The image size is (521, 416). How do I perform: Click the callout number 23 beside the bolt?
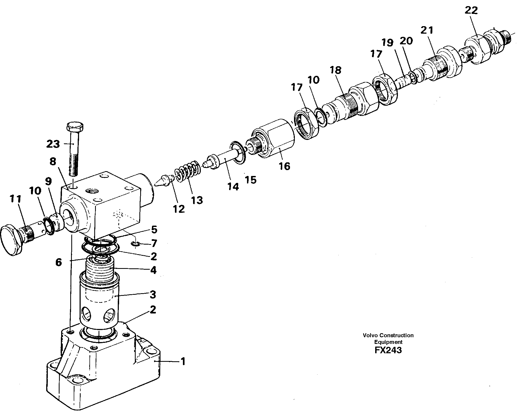pyautogui.click(x=53, y=144)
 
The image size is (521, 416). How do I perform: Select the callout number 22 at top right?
pyautogui.click(x=471, y=11)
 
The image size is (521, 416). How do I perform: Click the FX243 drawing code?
pyautogui.click(x=388, y=350)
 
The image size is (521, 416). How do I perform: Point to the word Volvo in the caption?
pyautogui.click(x=370, y=335)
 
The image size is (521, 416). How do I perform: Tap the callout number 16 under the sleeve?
pyautogui.click(x=284, y=166)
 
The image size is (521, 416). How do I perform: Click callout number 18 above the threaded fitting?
pyautogui.click(x=335, y=70)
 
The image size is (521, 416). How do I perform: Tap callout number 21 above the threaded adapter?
pyautogui.click(x=427, y=30)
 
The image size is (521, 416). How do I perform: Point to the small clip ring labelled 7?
pyautogui.click(x=136, y=244)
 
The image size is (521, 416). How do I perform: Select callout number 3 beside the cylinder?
pyautogui.click(x=153, y=295)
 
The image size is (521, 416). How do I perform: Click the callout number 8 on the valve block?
pyautogui.click(x=53, y=161)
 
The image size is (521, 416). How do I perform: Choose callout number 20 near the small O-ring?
pyautogui.click(x=406, y=41)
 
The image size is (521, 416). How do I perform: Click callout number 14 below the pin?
pyautogui.click(x=233, y=187)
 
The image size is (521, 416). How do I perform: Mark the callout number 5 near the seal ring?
pyautogui.click(x=154, y=230)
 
